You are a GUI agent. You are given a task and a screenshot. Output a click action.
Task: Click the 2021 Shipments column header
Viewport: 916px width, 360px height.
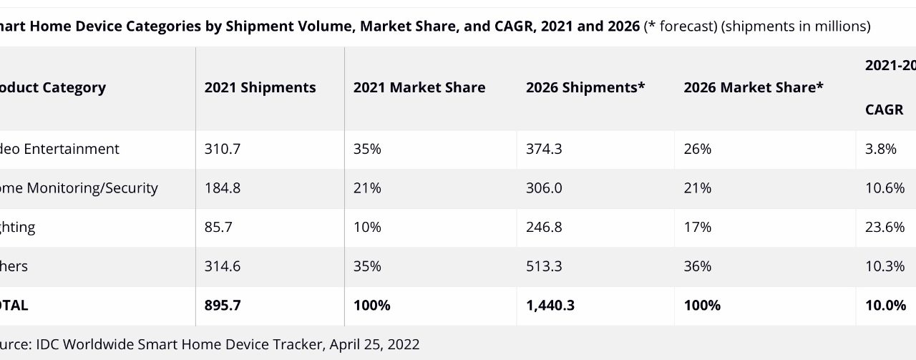pos(260,87)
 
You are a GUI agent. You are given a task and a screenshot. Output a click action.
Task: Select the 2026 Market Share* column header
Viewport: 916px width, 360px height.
pos(753,87)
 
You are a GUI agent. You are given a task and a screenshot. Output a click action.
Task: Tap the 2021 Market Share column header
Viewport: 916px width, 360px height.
pos(419,87)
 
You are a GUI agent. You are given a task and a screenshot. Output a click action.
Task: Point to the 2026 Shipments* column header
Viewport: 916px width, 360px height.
pos(585,87)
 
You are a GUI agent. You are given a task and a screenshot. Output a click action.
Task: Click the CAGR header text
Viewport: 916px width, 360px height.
pos(884,110)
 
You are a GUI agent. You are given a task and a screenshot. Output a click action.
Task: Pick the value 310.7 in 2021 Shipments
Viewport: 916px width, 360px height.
pos(222,149)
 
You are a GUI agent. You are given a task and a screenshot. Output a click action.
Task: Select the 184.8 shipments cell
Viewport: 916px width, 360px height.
pos(222,188)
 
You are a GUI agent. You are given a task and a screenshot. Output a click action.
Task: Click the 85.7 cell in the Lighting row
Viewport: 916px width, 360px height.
pos(218,227)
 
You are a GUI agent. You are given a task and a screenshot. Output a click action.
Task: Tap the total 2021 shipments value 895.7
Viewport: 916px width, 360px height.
pos(223,305)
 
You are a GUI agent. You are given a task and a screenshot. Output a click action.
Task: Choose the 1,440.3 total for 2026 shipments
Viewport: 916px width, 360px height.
pos(550,305)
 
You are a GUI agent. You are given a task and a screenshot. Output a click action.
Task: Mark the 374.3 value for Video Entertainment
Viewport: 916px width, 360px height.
pos(544,149)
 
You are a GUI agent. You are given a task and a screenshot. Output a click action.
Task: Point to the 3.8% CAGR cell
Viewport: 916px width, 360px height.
pos(881,149)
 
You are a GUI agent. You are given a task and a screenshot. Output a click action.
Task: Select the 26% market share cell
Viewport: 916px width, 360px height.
pos(697,149)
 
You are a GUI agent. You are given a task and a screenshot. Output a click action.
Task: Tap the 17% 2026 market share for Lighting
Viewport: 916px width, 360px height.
pos(697,227)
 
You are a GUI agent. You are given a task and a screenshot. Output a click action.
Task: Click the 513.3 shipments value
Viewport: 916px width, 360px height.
pos(544,266)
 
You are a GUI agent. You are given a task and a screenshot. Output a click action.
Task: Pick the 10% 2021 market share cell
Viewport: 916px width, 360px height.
pos(367,227)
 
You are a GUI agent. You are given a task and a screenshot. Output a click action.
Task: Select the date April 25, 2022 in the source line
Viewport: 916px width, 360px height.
pos(374,344)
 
